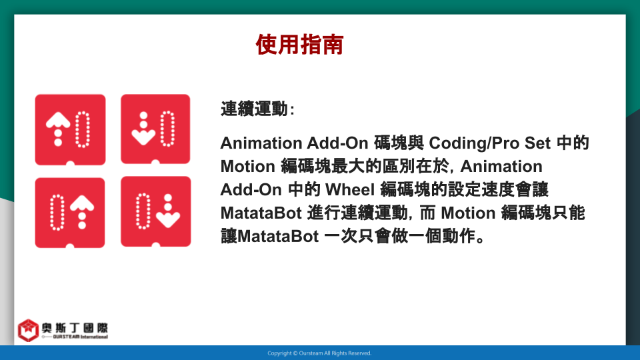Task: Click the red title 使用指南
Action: [x=299, y=45]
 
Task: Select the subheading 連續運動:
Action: [x=257, y=109]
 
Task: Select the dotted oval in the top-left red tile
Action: [x=83, y=129]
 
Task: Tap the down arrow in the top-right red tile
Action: [x=143, y=129]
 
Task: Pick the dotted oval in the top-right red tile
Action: [x=167, y=129]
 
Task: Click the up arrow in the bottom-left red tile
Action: [x=82, y=212]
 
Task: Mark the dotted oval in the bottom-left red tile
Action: [x=57, y=212]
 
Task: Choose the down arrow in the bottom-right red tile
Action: [x=168, y=211]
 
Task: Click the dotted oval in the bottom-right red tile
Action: [x=143, y=211]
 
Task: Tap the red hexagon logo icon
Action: [x=28, y=330]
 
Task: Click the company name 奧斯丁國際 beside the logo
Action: [x=75, y=328]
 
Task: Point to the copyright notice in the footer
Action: [x=319, y=353]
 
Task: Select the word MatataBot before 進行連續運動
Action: [x=261, y=213]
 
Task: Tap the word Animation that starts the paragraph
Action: [x=261, y=143]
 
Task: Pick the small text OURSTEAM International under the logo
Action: [x=80, y=337]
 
